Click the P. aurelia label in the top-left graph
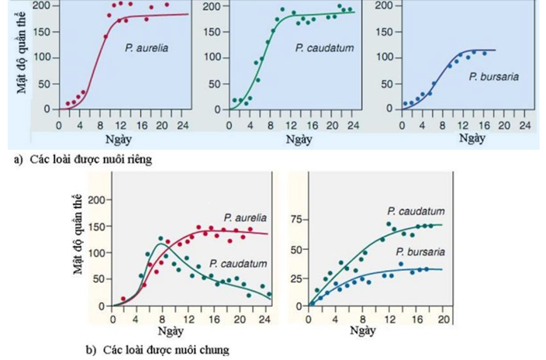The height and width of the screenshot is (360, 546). click(x=146, y=48)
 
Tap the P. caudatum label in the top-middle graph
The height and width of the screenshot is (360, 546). click(x=319, y=48)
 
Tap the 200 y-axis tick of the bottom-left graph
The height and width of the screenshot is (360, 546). click(x=96, y=200)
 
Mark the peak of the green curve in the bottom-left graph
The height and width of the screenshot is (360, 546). click(x=161, y=244)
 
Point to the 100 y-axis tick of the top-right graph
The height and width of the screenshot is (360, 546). click(x=383, y=57)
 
